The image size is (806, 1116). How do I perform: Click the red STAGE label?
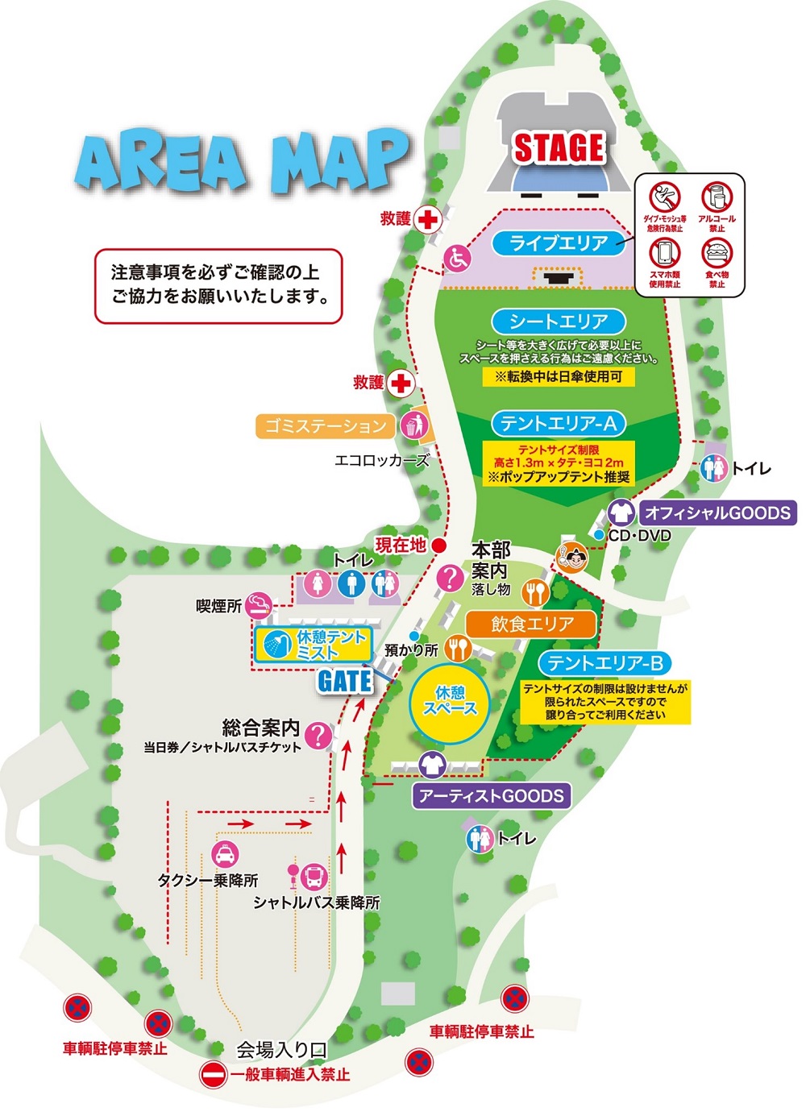tap(559, 148)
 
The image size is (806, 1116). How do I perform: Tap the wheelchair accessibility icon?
tap(458, 259)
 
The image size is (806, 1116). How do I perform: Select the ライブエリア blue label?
tap(559, 243)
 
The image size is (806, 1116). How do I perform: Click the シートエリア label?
tap(559, 322)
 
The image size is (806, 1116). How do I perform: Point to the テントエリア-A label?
tap(559, 423)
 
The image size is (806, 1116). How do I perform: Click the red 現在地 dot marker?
tap(439, 546)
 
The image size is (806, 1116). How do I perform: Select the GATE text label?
tap(345, 681)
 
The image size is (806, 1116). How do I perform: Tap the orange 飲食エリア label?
tap(532, 624)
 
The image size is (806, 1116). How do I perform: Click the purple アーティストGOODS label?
tap(492, 796)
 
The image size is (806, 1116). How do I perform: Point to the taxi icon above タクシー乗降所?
tap(224, 853)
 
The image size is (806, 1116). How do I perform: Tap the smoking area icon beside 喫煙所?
tap(259, 603)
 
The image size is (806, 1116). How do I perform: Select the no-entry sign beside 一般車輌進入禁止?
tap(214, 1075)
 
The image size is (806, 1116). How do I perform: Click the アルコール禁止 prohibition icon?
tap(717, 197)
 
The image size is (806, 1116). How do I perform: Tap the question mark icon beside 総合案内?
tap(320, 735)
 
